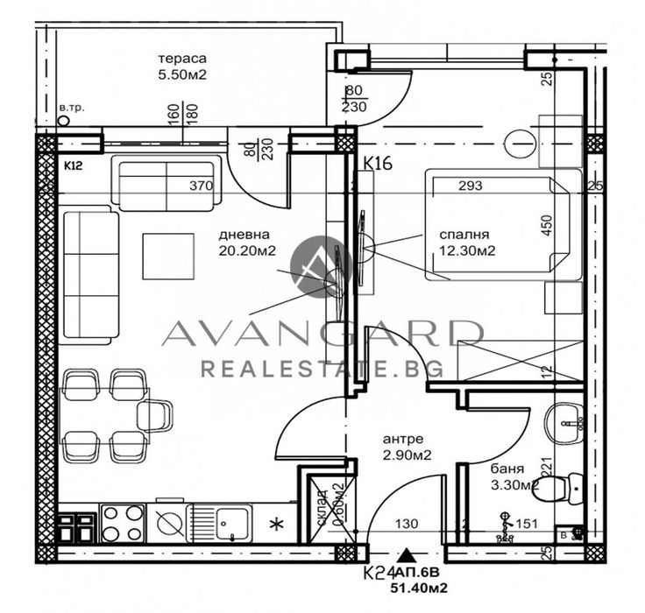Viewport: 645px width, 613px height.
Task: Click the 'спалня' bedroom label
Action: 464,235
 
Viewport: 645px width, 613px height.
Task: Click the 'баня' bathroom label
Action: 507,468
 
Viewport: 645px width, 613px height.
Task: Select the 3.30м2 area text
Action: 513,483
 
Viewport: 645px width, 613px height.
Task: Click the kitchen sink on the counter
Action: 230,523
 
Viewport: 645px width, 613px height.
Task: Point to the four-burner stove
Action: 122,523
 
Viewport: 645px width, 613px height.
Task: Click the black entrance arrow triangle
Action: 407,554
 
